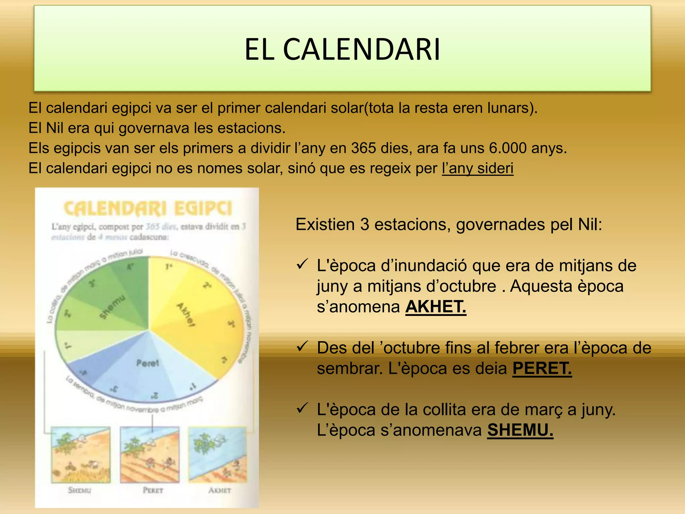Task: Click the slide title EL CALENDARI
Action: pyautogui.click(x=342, y=50)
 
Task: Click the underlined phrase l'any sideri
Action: pyautogui.click(x=477, y=168)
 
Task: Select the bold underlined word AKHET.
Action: pyautogui.click(x=435, y=307)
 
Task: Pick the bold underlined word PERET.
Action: pyautogui.click(x=542, y=368)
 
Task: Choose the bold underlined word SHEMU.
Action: pyautogui.click(x=520, y=430)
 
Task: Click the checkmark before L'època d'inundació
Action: pyautogui.click(x=302, y=265)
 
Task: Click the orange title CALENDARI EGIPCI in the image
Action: pyautogui.click(x=148, y=209)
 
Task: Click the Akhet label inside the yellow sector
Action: pyautogui.click(x=186, y=315)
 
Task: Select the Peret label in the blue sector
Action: pyautogui.click(x=148, y=363)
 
